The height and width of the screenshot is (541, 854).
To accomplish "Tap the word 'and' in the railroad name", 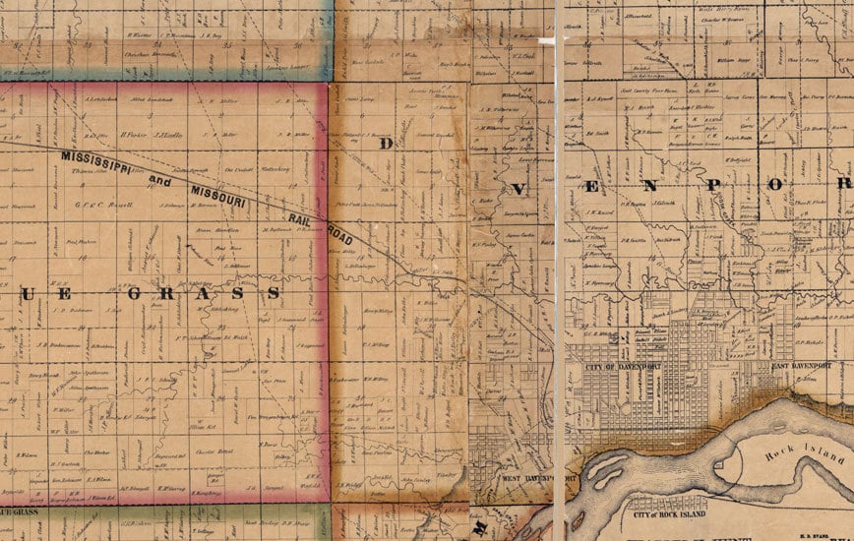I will click(159, 180).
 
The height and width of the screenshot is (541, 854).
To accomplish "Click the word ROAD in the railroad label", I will click(337, 233).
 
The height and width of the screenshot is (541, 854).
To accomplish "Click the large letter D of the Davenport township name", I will click(387, 143).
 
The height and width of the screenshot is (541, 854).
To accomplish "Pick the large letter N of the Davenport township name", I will click(656, 184).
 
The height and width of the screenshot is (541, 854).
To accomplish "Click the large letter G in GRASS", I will click(139, 292).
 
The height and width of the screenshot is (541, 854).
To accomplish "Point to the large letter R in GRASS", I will click(177, 292).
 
